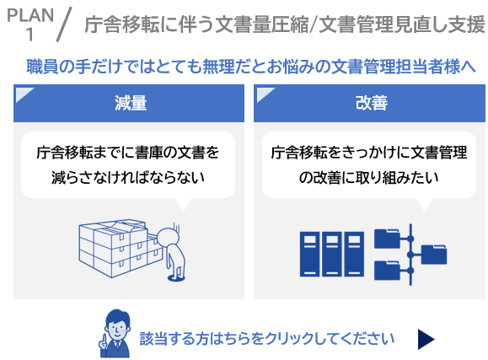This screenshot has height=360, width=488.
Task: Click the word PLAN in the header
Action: (x=30, y=15)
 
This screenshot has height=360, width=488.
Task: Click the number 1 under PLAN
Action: (x=29, y=34)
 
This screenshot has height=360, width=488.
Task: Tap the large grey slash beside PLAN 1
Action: (x=64, y=24)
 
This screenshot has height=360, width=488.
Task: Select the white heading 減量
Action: (x=131, y=103)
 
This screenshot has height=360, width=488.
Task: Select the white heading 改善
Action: (x=372, y=103)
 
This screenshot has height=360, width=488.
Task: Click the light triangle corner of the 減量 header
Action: (x=22, y=93)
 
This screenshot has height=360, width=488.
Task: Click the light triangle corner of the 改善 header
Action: (x=263, y=93)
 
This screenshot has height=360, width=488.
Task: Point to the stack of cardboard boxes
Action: (x=120, y=248)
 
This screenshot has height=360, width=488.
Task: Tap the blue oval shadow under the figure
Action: (x=176, y=277)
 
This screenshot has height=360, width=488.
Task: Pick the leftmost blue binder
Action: (x=309, y=254)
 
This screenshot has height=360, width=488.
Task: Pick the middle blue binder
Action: (x=332, y=254)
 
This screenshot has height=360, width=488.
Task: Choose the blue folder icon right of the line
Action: (x=434, y=255)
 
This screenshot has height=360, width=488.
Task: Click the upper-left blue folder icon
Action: (x=387, y=239)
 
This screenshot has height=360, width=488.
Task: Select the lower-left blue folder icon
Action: (x=387, y=270)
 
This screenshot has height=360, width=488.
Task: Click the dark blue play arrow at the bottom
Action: (x=426, y=339)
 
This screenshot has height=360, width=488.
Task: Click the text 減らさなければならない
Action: (x=128, y=178)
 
